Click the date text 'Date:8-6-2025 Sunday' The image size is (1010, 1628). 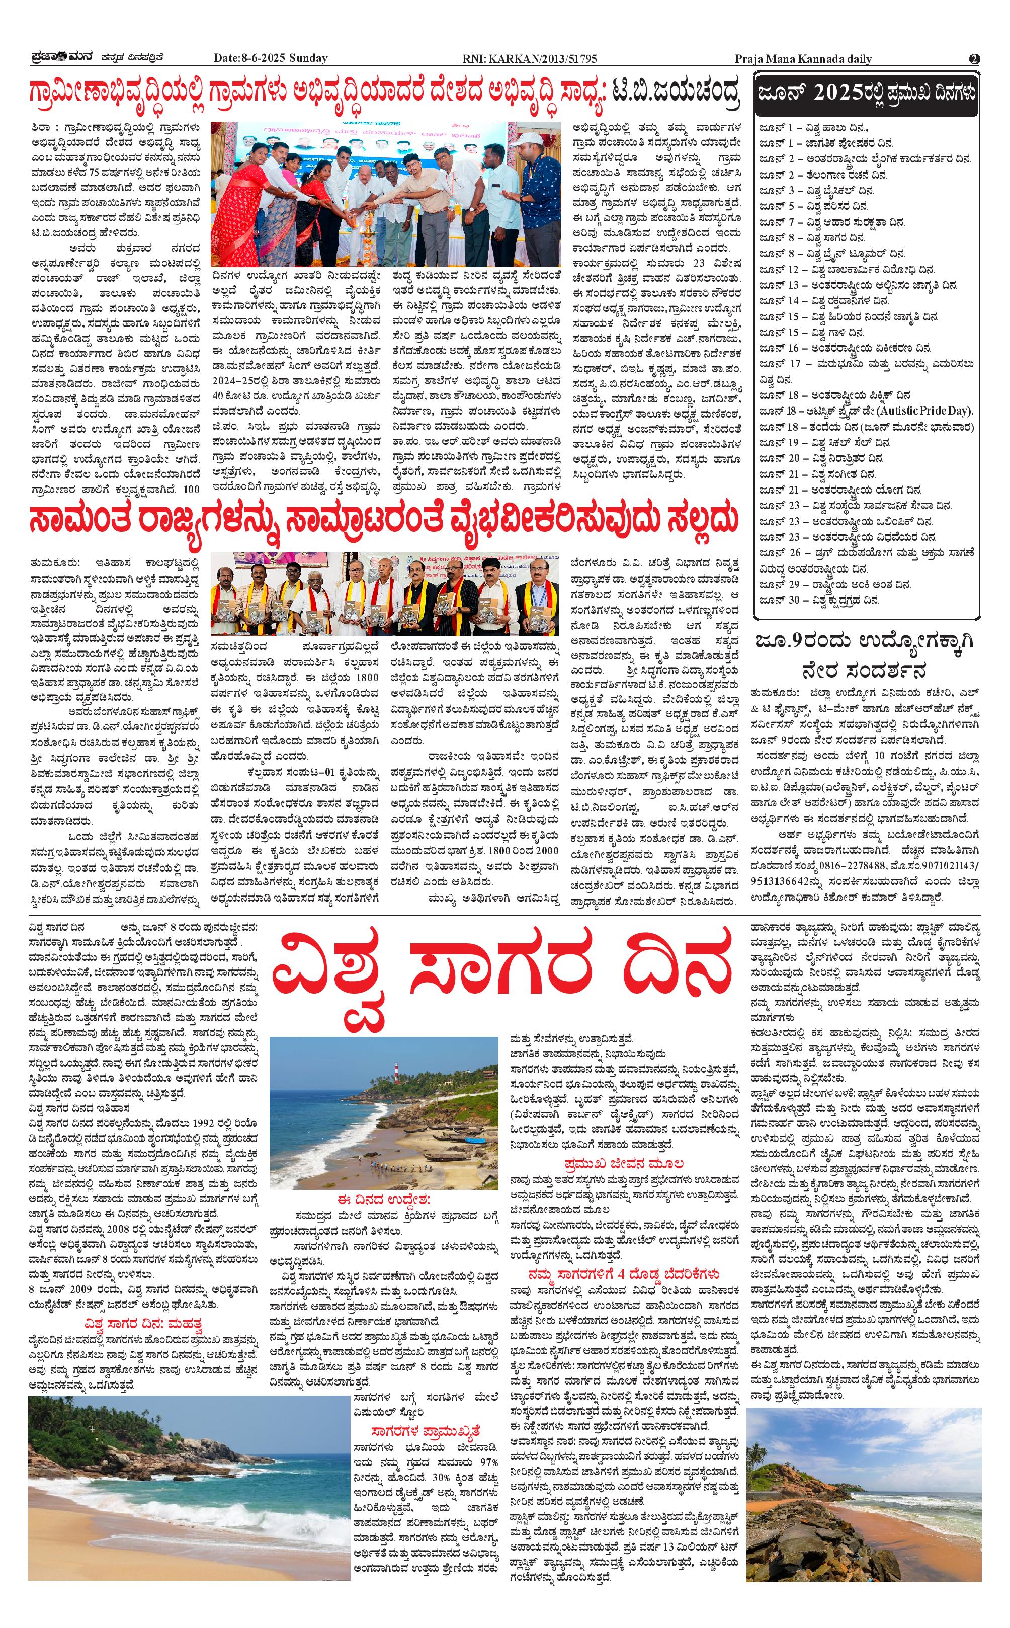(x=271, y=58)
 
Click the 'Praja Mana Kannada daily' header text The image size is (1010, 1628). (x=803, y=59)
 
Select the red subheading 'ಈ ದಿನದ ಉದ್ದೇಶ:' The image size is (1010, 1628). (x=384, y=1198)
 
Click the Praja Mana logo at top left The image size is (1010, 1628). (x=58, y=58)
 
